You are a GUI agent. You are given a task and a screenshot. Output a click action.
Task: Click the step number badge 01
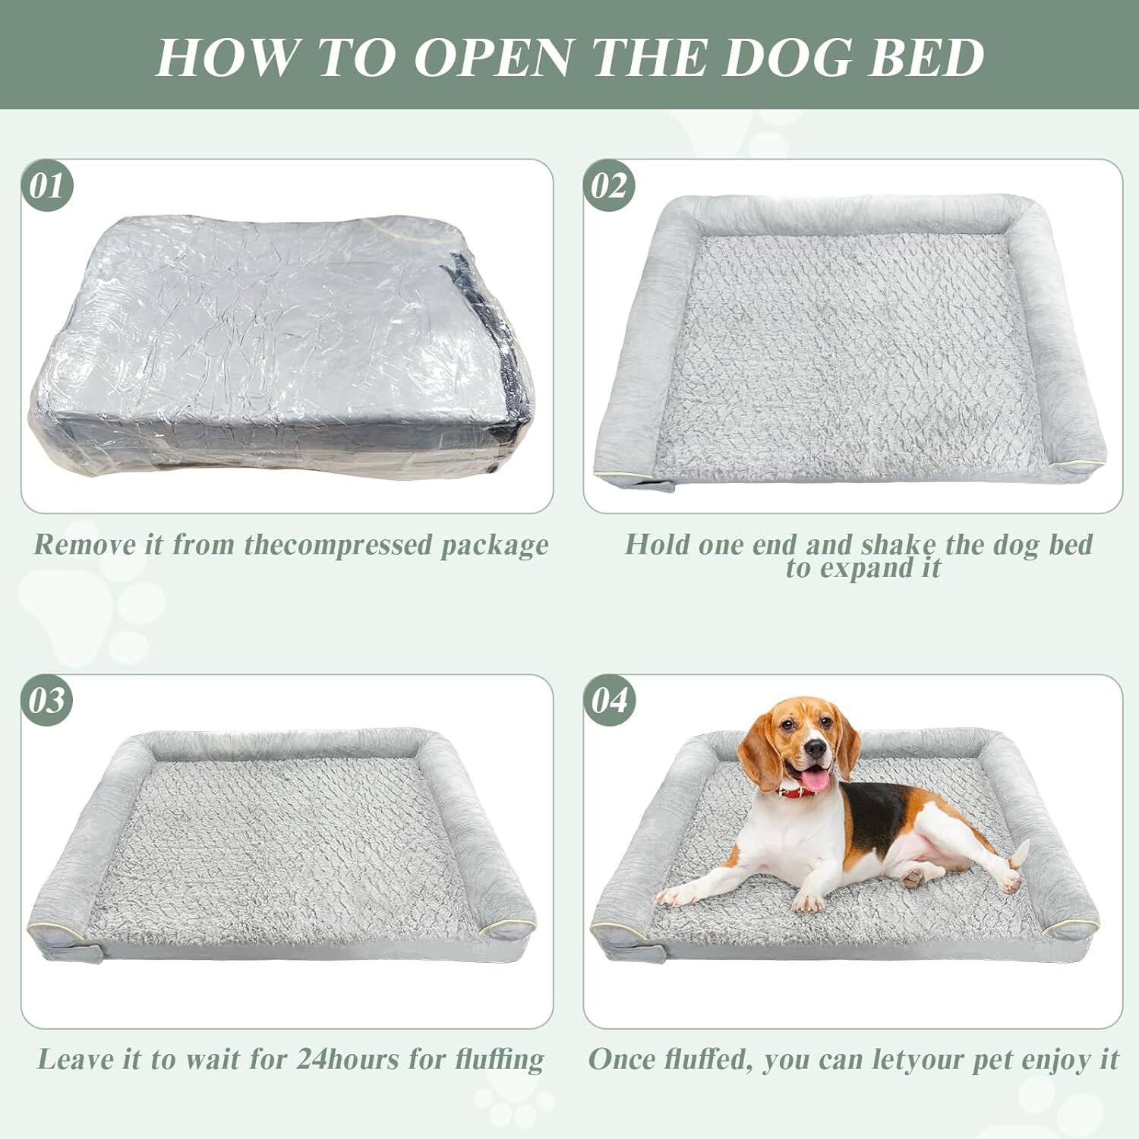coord(47,185)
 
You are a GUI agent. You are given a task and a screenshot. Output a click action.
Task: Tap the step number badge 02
coord(610,185)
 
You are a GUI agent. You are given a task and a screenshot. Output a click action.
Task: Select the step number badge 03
coord(47,700)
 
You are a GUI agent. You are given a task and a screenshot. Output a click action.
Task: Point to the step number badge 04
coord(610,700)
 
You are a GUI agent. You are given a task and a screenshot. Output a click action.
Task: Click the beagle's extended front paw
coord(672,898)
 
